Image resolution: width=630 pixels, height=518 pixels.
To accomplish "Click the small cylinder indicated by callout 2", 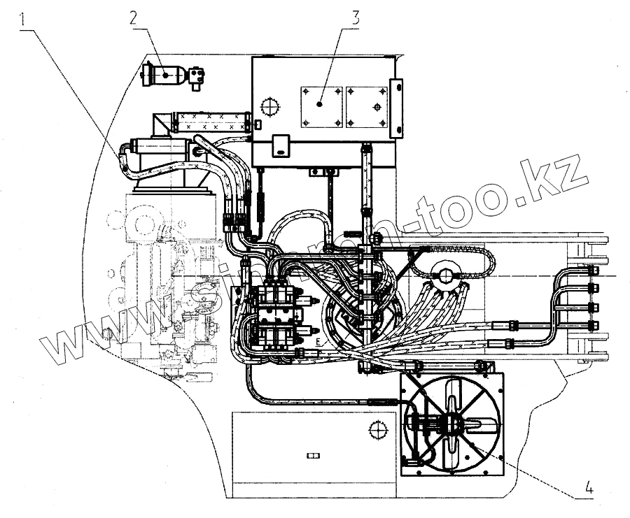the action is (165, 73).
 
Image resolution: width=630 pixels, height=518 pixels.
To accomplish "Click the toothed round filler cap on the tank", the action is (268, 106).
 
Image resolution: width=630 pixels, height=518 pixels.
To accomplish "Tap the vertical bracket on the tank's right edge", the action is (398, 109).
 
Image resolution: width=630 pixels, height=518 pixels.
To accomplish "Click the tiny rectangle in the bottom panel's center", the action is (311, 455).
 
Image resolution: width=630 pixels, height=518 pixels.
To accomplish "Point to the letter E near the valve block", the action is (317, 342).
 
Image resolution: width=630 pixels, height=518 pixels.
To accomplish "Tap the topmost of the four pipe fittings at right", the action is (594, 271).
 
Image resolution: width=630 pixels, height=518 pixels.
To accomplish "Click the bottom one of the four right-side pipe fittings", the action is (594, 324).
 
